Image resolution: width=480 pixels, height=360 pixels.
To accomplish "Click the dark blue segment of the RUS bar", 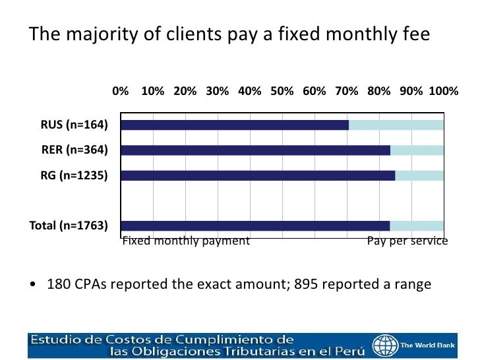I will [235, 125].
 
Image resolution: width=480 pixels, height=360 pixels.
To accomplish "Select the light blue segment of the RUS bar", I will [396, 125].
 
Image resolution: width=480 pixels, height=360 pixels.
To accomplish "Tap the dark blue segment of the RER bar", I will [255, 150].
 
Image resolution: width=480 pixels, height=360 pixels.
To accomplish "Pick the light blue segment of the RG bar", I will [419, 175].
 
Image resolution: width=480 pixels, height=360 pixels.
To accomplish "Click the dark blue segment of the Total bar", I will [255, 225].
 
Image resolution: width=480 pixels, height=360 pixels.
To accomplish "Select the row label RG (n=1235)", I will [72, 175].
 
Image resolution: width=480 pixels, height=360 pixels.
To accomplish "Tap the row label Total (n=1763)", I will [69, 225].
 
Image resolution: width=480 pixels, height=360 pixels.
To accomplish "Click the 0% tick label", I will [121, 92].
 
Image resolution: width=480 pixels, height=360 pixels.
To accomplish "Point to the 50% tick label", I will [282, 92].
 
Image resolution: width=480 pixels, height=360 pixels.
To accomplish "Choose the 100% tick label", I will [444, 92].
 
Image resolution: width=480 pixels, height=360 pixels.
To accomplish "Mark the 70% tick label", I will [347, 92].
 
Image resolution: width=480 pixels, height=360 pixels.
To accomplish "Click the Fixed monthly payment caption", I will [186, 241].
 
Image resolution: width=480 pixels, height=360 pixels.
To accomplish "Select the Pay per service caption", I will [407, 241].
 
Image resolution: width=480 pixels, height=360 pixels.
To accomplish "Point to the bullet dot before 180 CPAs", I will [33, 285].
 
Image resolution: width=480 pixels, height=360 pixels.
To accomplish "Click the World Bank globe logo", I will [384, 345].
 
